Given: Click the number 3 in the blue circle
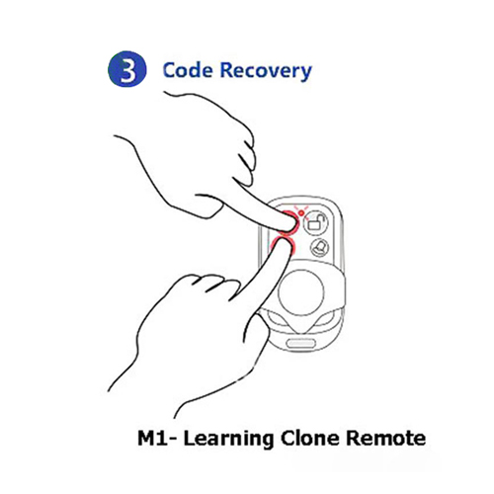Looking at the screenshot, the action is pyautogui.click(x=127, y=70).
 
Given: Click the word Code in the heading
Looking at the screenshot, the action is pyautogui.click(x=188, y=70).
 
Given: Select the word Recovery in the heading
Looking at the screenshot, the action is pyautogui.click(x=266, y=71).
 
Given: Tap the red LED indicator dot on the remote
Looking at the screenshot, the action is pyautogui.click(x=301, y=213).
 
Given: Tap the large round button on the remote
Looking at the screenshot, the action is pyautogui.click(x=301, y=292).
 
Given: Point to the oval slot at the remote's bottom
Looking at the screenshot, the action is pyautogui.click(x=301, y=344).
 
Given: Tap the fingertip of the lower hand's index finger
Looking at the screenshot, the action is pyautogui.click(x=284, y=244).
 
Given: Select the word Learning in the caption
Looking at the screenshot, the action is pyautogui.click(x=228, y=440).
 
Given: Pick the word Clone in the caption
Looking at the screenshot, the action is pyautogui.click(x=309, y=438).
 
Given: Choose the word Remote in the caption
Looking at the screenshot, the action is pyautogui.click(x=386, y=439).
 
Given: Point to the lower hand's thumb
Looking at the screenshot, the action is pyautogui.click(x=260, y=333).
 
